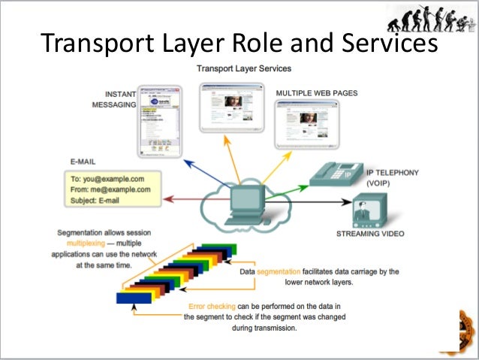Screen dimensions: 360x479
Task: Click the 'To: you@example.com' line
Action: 107,178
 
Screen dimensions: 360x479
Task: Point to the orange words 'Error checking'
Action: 214,306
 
